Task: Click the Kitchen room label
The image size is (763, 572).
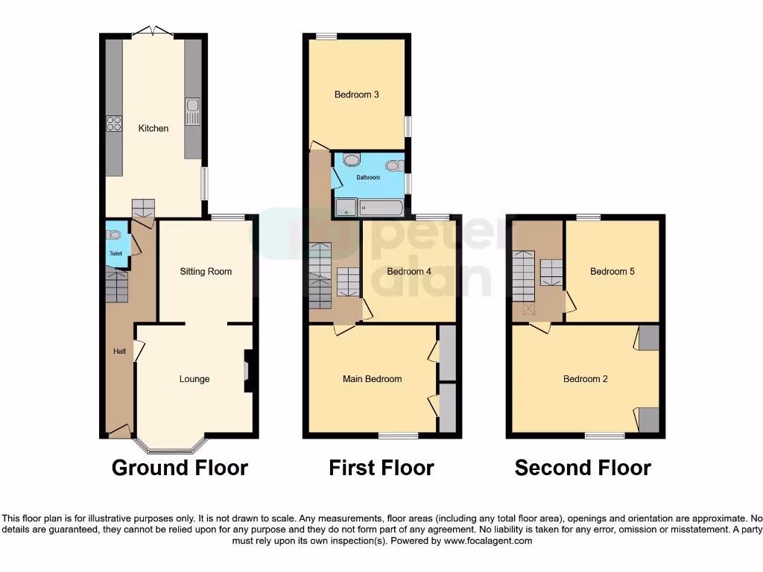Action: pos(153,128)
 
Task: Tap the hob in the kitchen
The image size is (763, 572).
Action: pos(114,124)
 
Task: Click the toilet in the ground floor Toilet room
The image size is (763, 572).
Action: pos(114,234)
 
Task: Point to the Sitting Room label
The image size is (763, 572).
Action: pos(206,272)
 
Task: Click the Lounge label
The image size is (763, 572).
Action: pos(194,379)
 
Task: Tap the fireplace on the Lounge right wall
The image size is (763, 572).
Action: pos(248,371)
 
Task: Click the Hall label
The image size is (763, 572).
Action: pos(119,352)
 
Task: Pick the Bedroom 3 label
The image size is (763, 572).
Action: pos(357,95)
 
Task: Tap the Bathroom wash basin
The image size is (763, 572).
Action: pos(393,166)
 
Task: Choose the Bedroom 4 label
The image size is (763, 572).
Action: pos(409,272)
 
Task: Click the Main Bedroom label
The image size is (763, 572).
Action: pos(372,379)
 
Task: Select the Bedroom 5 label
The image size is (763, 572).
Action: pos(612,272)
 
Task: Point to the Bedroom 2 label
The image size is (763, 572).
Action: pos(585,379)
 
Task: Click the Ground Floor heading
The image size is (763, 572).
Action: pos(180,468)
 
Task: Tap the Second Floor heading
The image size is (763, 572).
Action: pos(583,468)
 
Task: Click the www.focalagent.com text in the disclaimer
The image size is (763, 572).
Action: pos(488,541)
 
